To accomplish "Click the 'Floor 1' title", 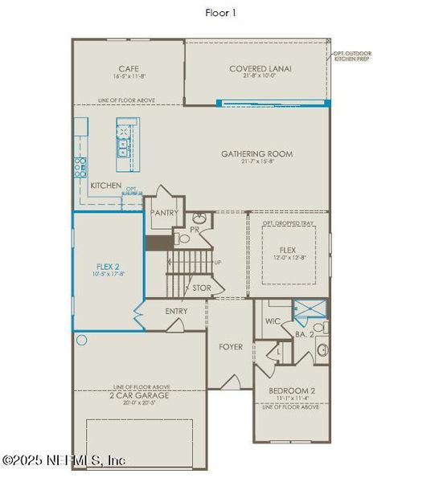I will click(x=220, y=13).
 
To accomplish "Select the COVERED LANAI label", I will click(x=260, y=69).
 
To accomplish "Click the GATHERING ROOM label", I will click(x=257, y=153).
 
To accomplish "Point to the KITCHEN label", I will click(x=106, y=186).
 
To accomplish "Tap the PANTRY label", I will click(x=164, y=214).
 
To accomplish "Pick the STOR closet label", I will click(x=201, y=287).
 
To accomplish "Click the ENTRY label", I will click(x=176, y=312).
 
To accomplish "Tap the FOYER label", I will click(x=231, y=347).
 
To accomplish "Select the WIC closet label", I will click(x=273, y=322).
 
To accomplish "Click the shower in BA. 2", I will click(x=309, y=309).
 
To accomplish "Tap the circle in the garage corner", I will click(x=81, y=340).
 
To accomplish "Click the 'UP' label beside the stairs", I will click(x=217, y=263).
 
